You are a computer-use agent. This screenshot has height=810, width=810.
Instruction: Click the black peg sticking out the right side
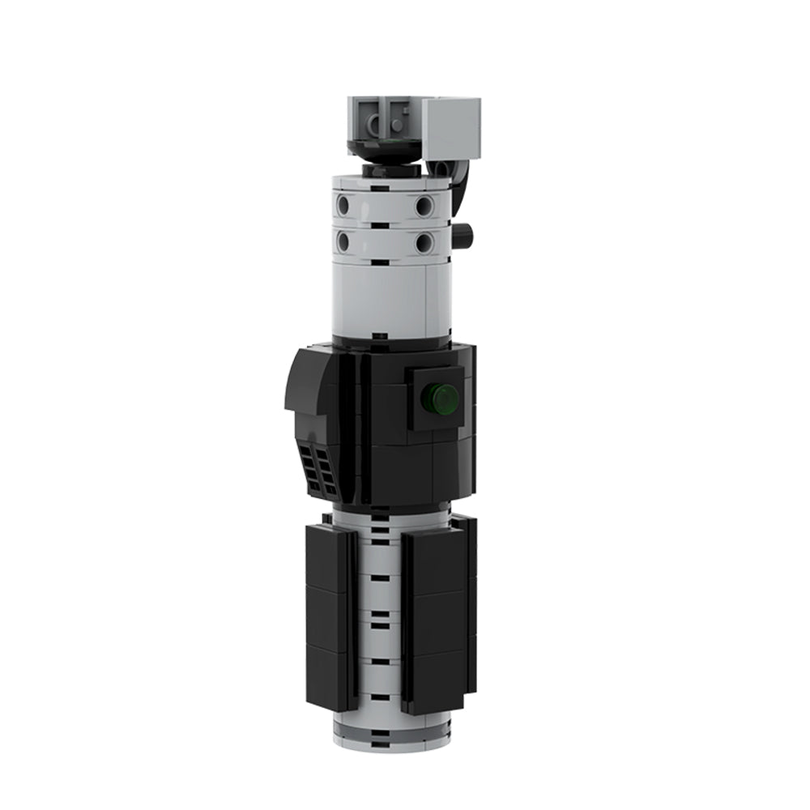pos(463,235)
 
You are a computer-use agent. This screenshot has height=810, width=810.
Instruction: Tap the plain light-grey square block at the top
pos(451,128)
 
